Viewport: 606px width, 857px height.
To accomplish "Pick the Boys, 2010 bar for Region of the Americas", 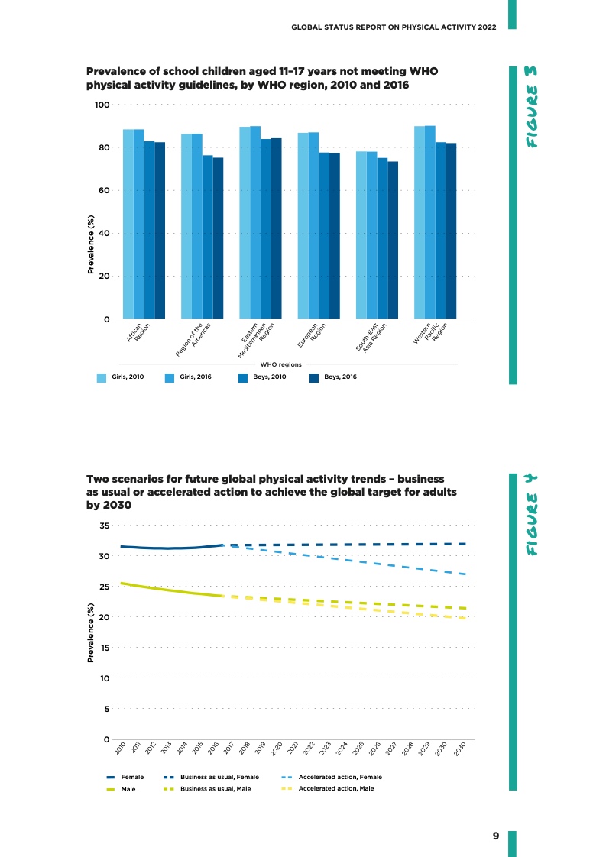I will (207, 236).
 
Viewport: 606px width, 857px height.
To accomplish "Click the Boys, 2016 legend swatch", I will (313, 377).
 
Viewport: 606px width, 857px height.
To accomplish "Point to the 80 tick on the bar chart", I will (104, 147).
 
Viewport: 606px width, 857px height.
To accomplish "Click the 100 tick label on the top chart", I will (102, 105).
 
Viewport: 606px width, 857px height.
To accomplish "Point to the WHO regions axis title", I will (281, 365).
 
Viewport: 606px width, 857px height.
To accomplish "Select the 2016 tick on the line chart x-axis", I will (215, 748).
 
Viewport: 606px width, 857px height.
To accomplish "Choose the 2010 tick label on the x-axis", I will (120, 748).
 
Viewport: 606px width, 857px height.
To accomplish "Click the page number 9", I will (496, 836).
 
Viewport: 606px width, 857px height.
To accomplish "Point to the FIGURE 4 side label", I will (534, 516).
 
